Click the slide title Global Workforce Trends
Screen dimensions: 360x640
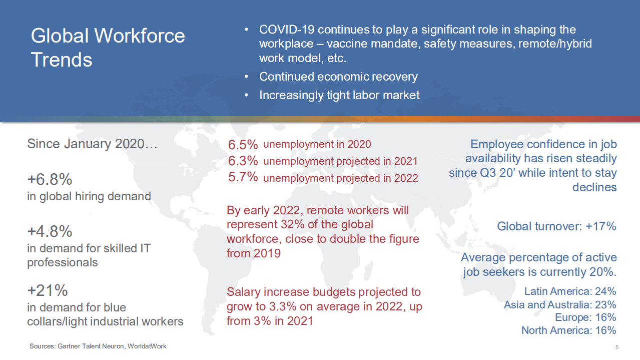pyautogui.click(x=108, y=48)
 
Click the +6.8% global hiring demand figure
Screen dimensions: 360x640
pyautogui.click(x=50, y=179)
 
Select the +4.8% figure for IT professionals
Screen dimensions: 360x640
pyautogui.click(x=50, y=231)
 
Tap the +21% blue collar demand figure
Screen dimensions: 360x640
pyautogui.click(x=47, y=290)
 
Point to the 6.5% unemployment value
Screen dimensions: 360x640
pyautogui.click(x=243, y=145)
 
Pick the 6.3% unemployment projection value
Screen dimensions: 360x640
pyautogui.click(x=243, y=161)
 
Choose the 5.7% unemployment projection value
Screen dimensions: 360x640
pyautogui.click(x=243, y=177)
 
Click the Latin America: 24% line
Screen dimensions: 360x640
pyautogui.click(x=570, y=291)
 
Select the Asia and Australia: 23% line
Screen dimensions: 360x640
pyautogui.click(x=559, y=304)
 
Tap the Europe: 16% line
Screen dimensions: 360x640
pyautogui.click(x=585, y=317)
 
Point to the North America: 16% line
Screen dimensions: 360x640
pyautogui.click(x=568, y=330)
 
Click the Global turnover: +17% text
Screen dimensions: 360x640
pyautogui.click(x=556, y=226)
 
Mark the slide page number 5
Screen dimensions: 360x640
pyautogui.click(x=617, y=347)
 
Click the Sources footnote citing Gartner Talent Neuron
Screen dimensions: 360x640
pyautogui.click(x=98, y=346)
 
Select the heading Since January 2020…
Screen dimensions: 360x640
pyautogui.click(x=92, y=144)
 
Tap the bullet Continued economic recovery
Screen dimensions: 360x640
pyautogui.click(x=338, y=77)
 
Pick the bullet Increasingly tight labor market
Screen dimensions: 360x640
pyautogui.click(x=339, y=95)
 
